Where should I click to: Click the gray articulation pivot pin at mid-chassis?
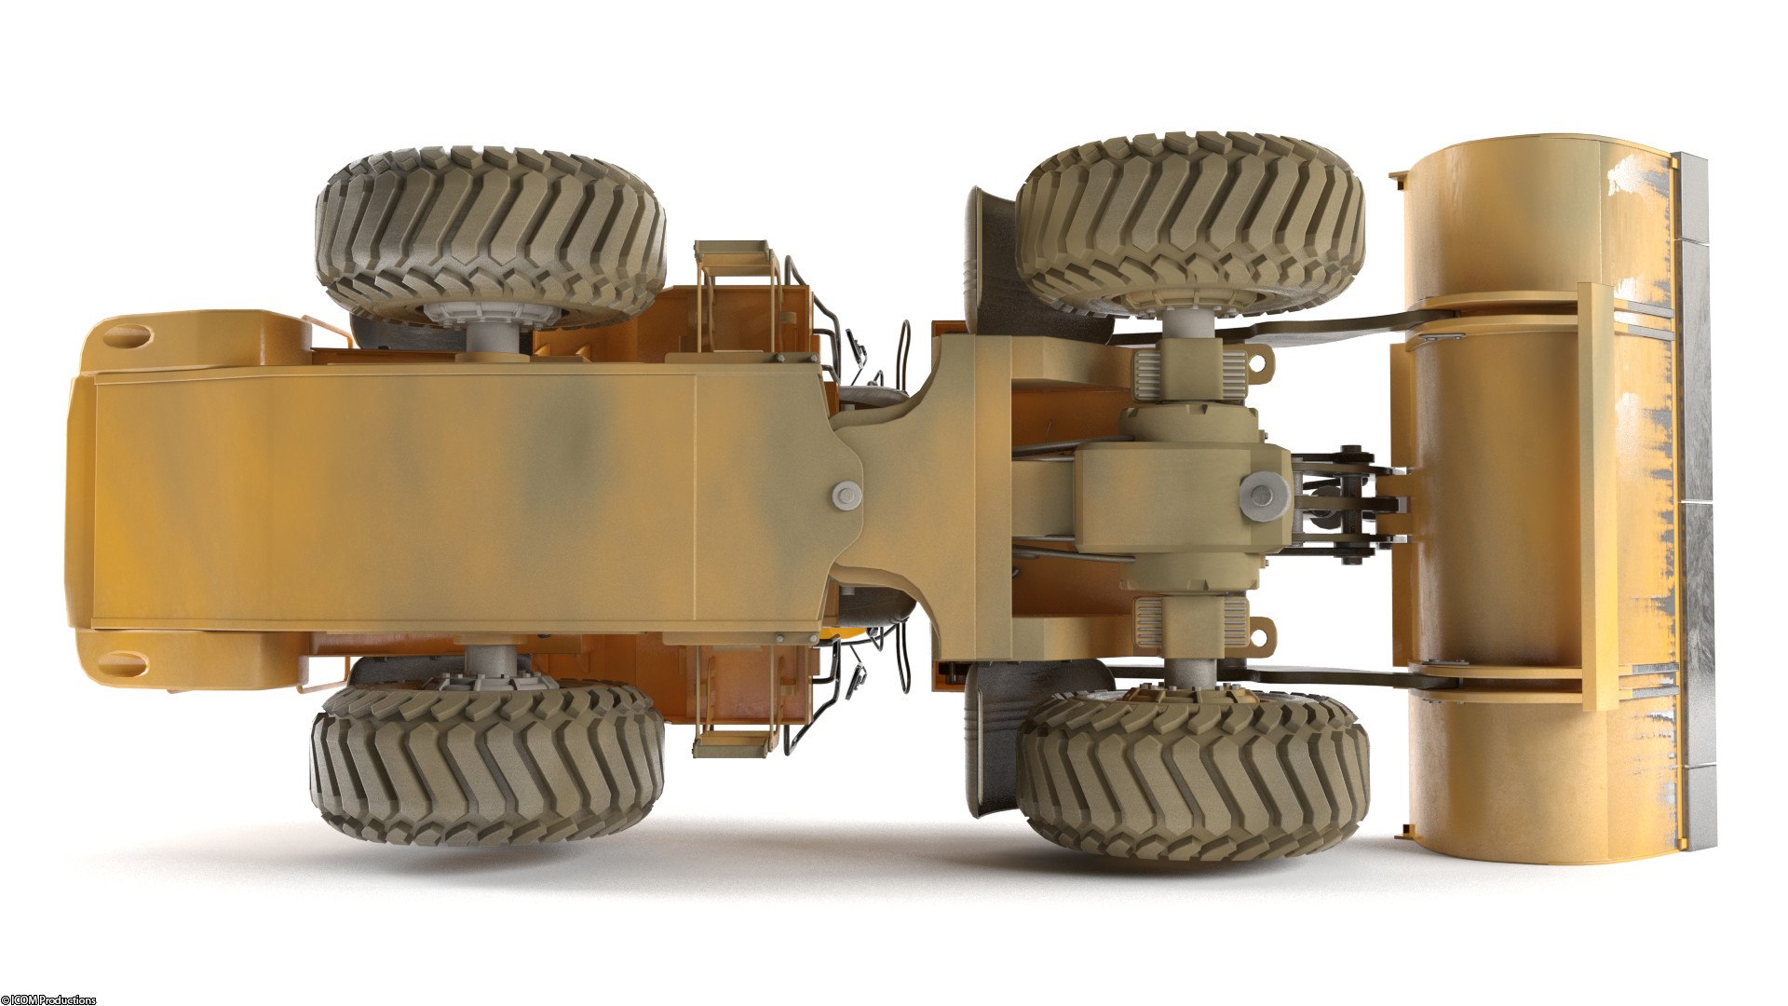[847, 496]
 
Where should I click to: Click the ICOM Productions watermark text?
[48, 999]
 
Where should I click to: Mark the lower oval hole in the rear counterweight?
[123, 665]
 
